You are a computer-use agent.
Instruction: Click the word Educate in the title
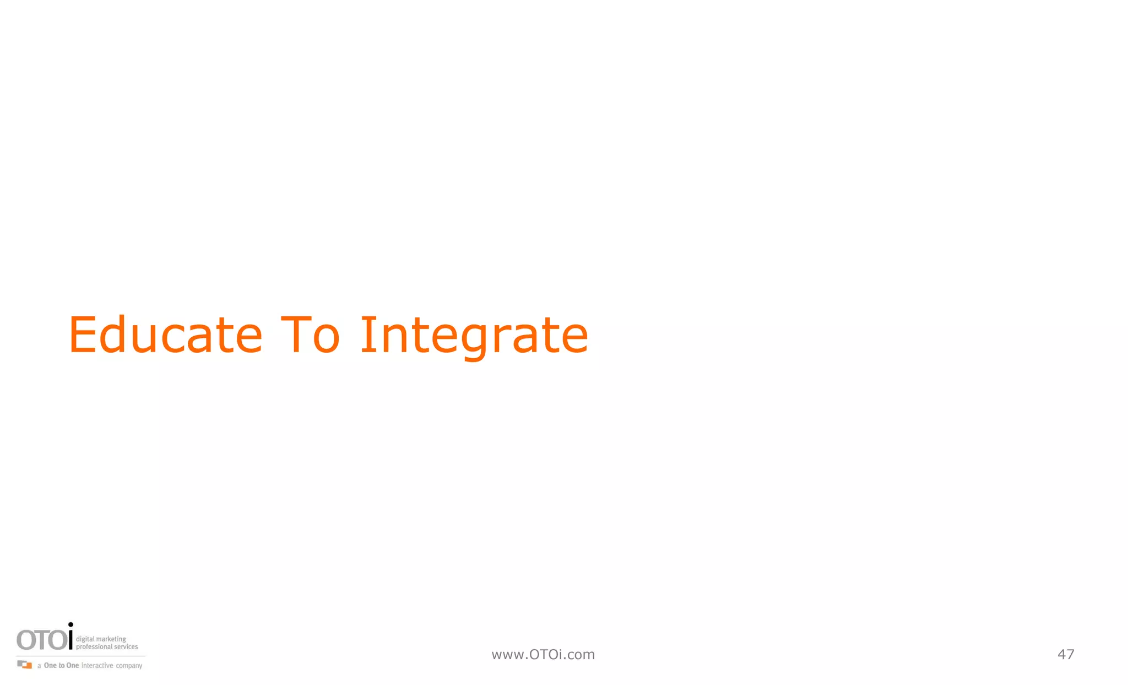165,335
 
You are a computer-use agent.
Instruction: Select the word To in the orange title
310,335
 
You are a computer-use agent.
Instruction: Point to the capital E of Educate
83,335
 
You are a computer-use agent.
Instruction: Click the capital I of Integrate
367,335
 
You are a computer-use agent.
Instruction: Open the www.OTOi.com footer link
543,655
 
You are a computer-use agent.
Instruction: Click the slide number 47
1066,655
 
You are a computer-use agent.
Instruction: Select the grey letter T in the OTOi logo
43,640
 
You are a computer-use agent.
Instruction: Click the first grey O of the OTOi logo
26,640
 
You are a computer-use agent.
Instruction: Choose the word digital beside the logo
85,639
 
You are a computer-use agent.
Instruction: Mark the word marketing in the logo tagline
111,639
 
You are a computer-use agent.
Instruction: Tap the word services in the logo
126,647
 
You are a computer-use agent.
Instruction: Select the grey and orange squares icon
25,665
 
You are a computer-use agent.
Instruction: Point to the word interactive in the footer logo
97,666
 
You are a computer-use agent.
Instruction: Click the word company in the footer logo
129,666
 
